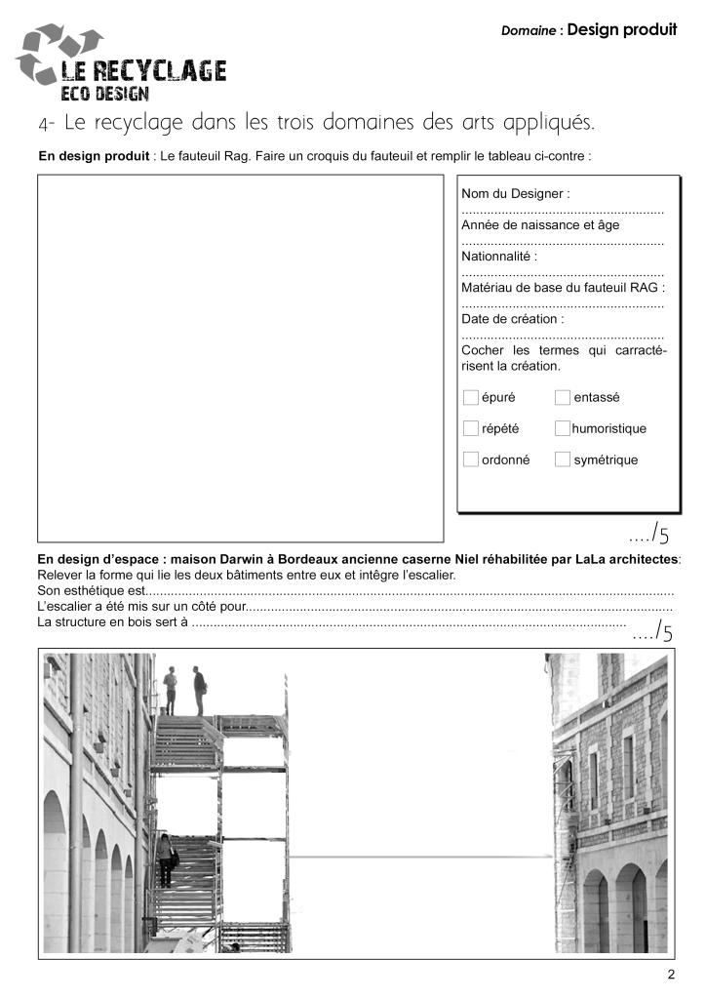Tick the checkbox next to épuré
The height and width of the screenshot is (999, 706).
click(471, 397)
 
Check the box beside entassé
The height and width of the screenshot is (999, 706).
click(563, 397)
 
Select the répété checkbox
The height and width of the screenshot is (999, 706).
click(471, 428)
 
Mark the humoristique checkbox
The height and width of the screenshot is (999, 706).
click(563, 428)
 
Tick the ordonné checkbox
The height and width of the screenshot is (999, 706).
click(471, 460)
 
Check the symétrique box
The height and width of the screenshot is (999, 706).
click(563, 460)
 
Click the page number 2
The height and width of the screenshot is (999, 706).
click(671, 975)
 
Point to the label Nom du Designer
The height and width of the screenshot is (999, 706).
click(515, 194)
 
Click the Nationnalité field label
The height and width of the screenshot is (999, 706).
click(499, 257)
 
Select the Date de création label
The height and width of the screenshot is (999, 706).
click(513, 319)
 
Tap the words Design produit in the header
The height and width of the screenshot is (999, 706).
click(622, 29)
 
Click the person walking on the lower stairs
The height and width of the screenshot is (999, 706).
click(166, 859)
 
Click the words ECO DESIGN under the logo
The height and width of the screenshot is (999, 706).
click(105, 94)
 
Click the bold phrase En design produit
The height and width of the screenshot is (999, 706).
click(94, 155)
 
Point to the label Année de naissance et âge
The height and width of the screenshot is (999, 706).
click(540, 225)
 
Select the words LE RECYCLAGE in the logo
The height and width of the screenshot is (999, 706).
click(143, 71)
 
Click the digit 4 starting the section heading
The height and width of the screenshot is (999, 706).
click(44, 125)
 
